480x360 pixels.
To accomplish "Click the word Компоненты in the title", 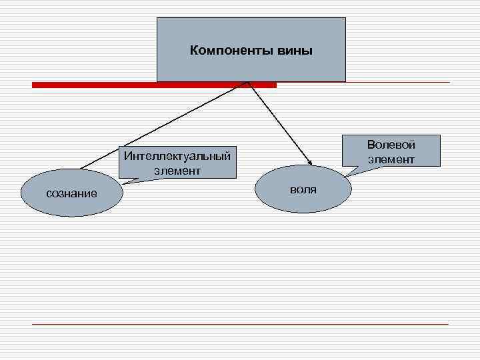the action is [230, 51].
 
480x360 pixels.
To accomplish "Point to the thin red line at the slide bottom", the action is [240, 324].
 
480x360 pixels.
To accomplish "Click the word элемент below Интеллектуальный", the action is [177, 171].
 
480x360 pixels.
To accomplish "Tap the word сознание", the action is [71, 194].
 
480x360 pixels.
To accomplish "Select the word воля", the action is [303, 190].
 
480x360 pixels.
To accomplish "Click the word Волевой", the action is [391, 145].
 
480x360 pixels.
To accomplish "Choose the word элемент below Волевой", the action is [391, 159].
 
